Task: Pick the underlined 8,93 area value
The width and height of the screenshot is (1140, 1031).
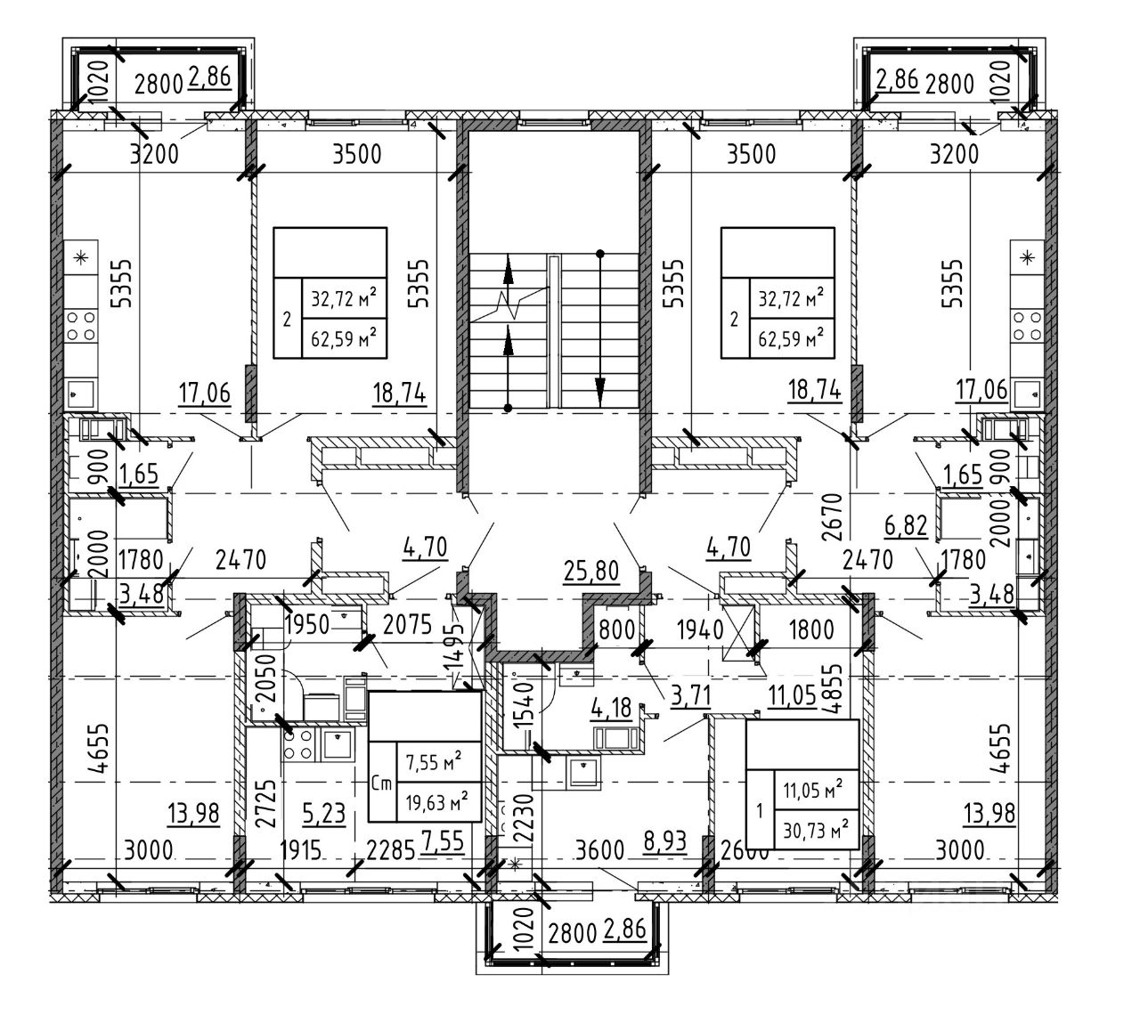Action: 664,841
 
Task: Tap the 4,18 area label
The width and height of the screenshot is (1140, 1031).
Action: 612,709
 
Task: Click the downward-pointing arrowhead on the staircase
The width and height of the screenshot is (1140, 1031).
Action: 600,390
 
